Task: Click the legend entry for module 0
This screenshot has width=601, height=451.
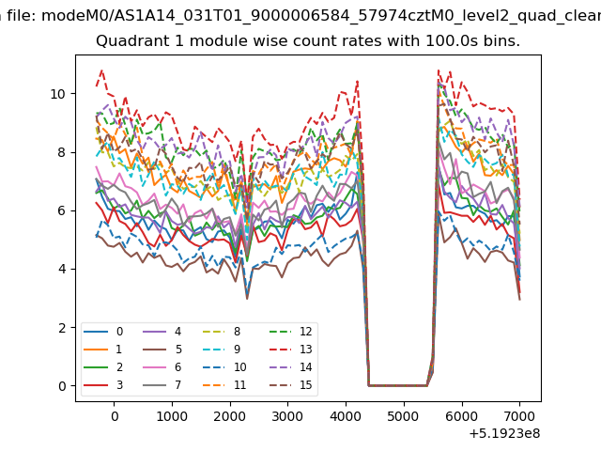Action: click(103, 332)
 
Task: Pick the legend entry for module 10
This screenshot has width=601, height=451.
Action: click(223, 367)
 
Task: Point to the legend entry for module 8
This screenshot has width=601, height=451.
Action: click(222, 332)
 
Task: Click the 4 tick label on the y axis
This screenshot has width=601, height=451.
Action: click(62, 270)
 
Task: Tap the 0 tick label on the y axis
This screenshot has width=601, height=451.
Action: click(62, 386)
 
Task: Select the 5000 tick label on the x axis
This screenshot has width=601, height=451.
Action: click(404, 416)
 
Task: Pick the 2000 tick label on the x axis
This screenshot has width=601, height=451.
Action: click(230, 416)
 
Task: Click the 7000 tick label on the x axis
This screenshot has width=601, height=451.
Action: click(519, 416)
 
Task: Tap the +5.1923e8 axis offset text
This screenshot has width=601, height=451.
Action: click(504, 433)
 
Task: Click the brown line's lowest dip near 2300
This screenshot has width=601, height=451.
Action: click(247, 299)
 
